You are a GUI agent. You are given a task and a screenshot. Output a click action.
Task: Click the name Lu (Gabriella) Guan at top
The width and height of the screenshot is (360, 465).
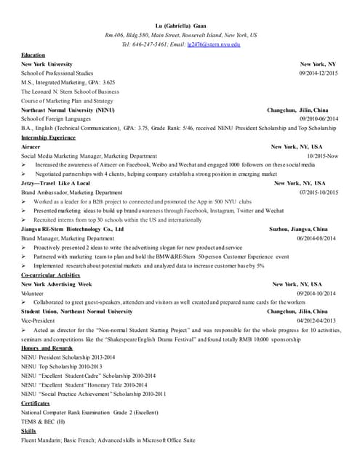point(181,25)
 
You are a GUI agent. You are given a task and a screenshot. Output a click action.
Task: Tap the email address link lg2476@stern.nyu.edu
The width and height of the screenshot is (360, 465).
point(214,44)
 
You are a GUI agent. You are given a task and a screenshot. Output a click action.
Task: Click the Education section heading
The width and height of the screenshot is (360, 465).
point(33,54)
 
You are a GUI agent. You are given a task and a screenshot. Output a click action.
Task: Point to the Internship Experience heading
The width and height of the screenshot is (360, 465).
point(48,137)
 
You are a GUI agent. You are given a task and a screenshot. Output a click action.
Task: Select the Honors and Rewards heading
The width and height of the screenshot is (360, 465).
point(43,347)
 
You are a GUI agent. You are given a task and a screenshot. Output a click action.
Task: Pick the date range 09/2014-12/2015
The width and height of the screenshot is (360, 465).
point(319,73)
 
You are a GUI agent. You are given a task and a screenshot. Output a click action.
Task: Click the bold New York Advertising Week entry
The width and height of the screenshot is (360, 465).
point(57,283)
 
